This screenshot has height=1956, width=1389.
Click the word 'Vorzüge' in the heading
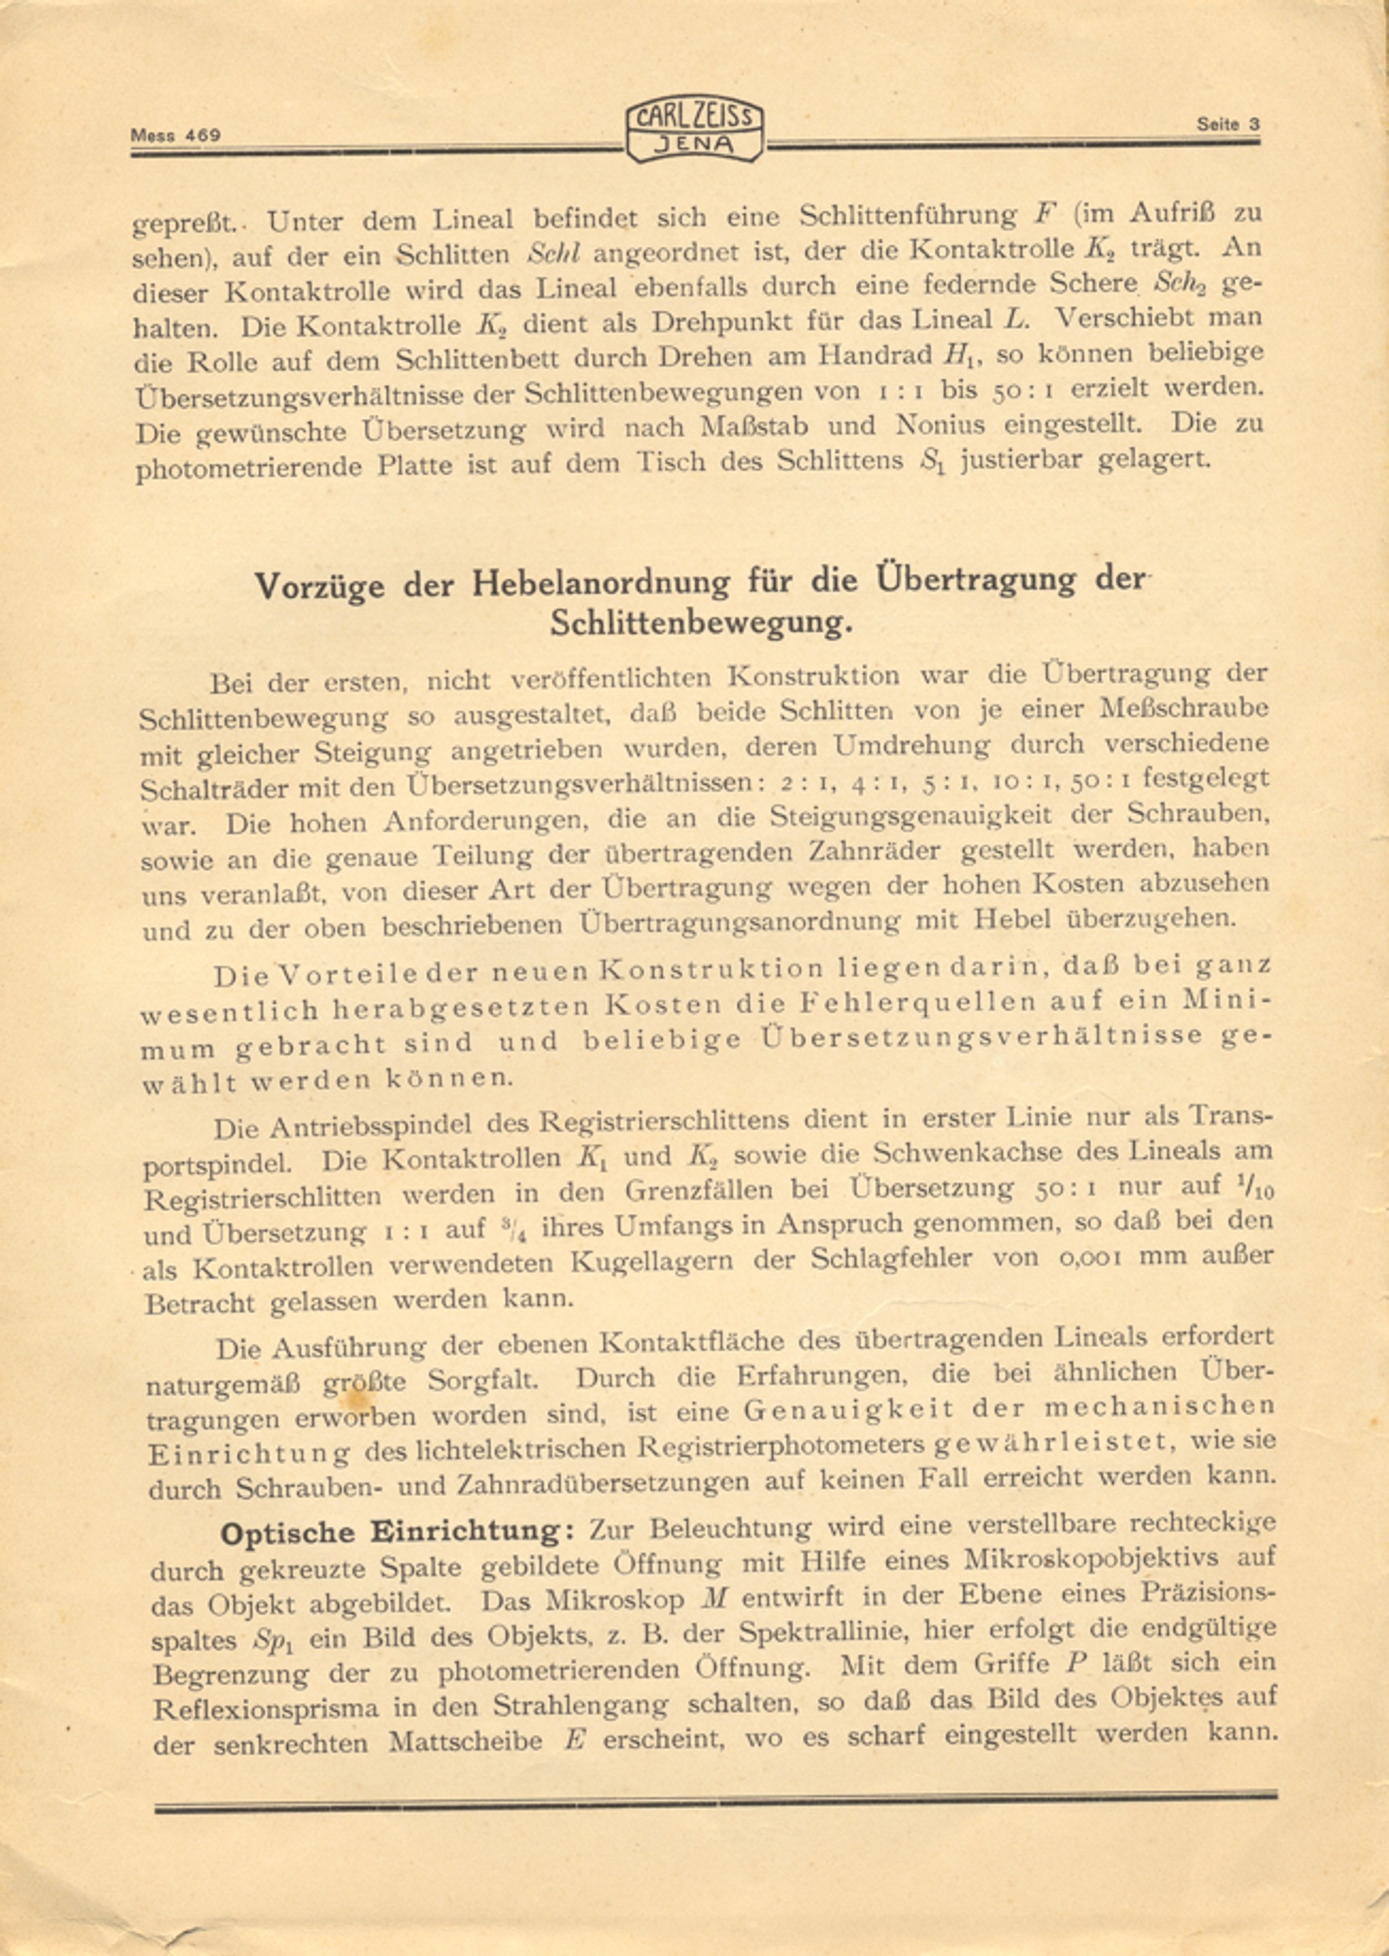pos(319,587)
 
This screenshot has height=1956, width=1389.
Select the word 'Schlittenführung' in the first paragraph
pos(907,216)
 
